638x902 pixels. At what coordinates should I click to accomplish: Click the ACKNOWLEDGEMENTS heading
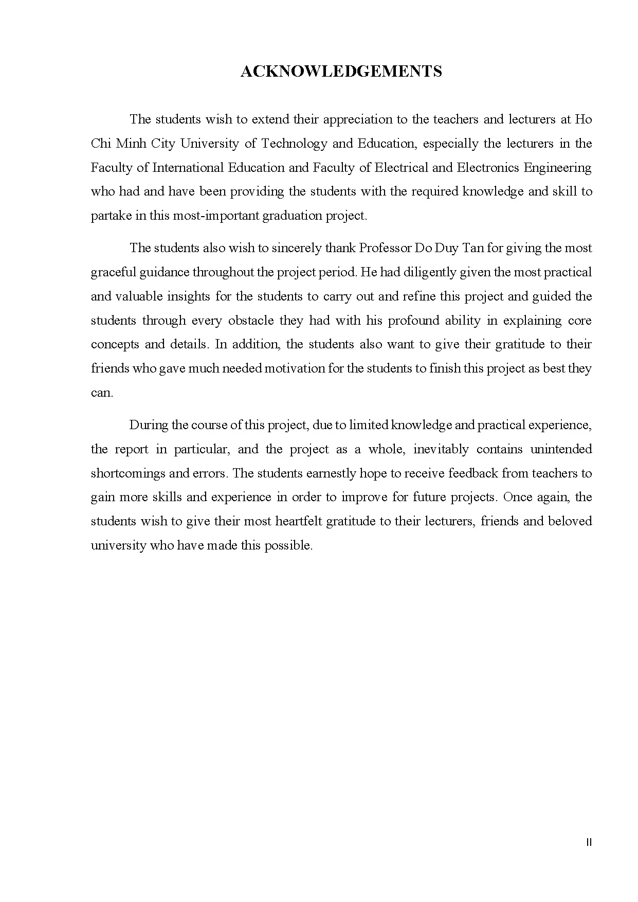click(x=341, y=71)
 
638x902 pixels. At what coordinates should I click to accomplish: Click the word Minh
click(x=131, y=144)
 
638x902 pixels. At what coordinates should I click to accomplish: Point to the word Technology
click(x=294, y=144)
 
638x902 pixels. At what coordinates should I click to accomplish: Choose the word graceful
click(x=114, y=272)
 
